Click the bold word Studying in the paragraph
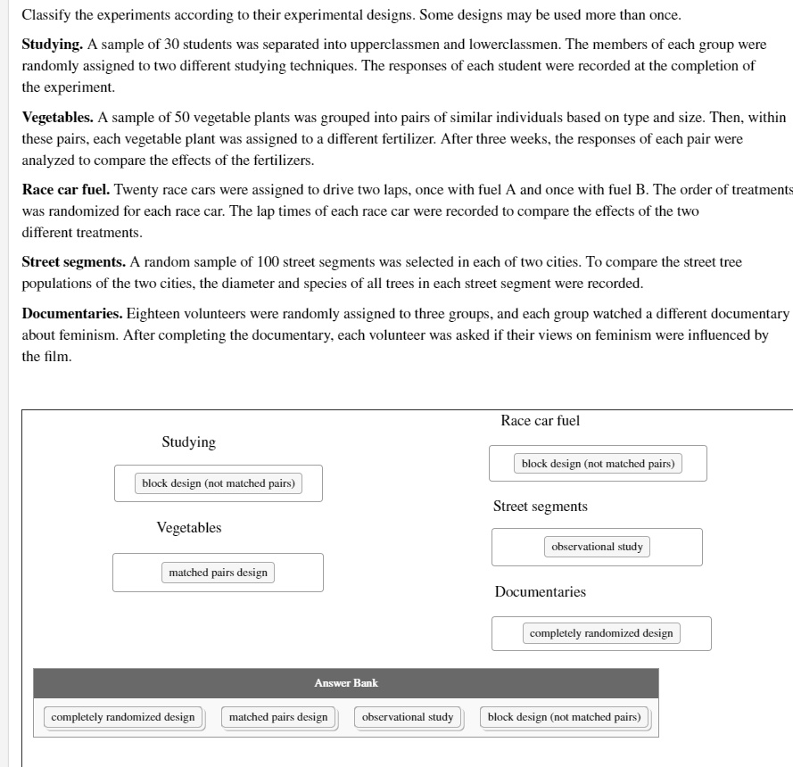[52, 44]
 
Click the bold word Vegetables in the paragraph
[57, 117]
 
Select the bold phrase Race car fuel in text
[66, 190]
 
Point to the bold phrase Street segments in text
[73, 262]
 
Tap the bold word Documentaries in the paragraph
[72, 314]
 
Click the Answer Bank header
[346, 683]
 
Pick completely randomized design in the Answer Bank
[123, 717]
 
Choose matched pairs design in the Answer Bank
[278, 717]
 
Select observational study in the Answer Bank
[408, 717]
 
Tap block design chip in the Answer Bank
[564, 717]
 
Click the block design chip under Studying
[219, 483]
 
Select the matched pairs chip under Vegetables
[218, 573]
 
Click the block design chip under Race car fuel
[598, 464]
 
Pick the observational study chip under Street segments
[597, 547]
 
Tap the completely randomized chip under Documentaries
[601, 633]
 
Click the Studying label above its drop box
[188, 442]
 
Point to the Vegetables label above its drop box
[189, 528]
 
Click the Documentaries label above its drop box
[541, 592]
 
